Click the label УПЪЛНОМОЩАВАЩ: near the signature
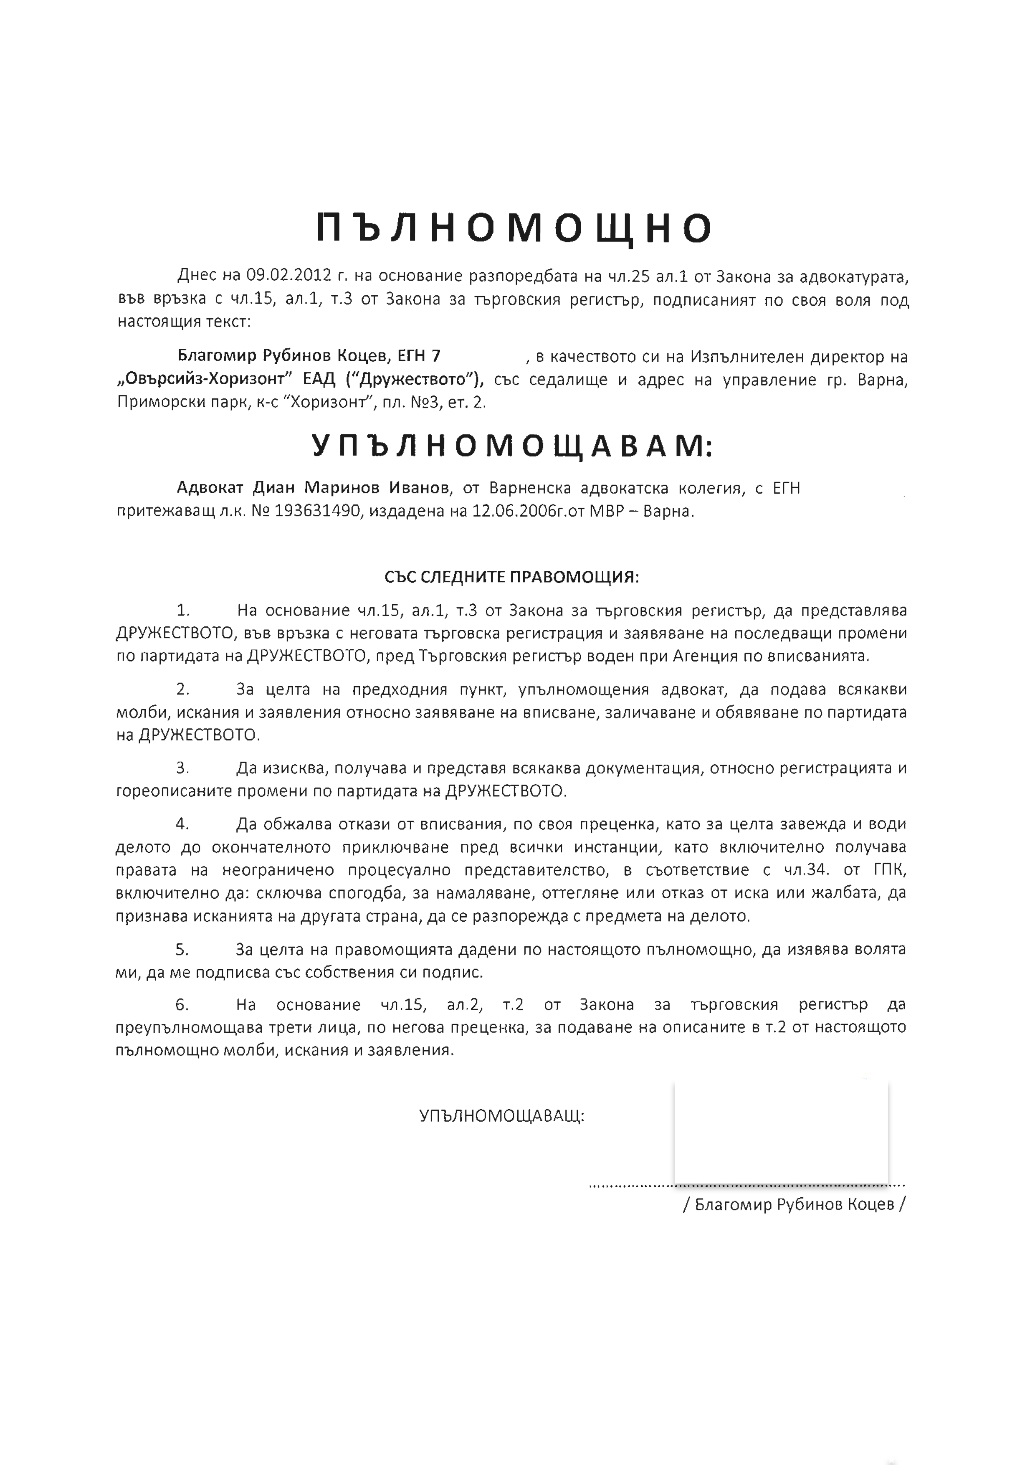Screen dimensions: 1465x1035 coord(501,1116)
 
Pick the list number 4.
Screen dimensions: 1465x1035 coord(182,824)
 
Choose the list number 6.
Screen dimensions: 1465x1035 coord(182,1004)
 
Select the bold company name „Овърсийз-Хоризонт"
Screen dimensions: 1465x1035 coord(202,379)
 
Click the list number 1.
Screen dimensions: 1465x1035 coord(182,610)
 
